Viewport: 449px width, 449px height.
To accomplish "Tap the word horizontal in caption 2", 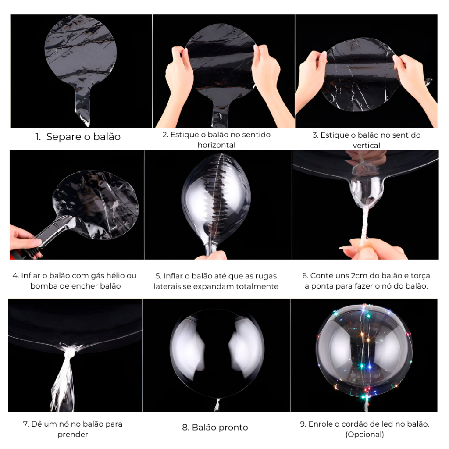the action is (217, 145).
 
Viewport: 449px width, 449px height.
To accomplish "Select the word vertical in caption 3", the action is (366, 146).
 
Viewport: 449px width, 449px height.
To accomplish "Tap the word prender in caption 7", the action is (73, 435).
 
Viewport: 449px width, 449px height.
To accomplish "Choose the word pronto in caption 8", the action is (233, 428).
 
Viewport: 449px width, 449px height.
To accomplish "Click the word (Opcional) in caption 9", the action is (364, 435).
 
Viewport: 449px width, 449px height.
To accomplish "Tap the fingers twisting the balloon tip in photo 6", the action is (372, 249).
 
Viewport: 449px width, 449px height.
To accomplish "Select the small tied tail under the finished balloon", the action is (217, 404).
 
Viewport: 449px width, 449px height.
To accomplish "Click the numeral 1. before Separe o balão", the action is (38, 137).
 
